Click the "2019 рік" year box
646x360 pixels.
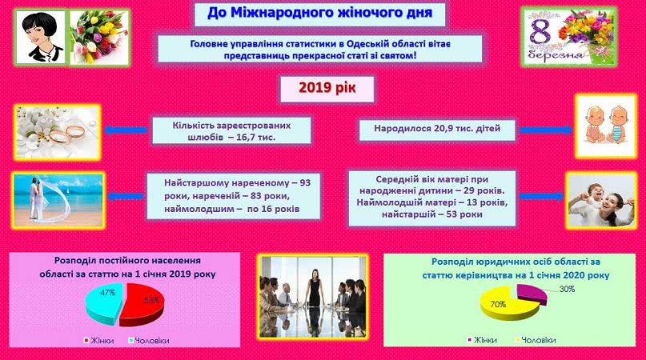(x=327, y=89)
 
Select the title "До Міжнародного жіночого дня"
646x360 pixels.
(x=319, y=13)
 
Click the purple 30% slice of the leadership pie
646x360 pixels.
(x=532, y=293)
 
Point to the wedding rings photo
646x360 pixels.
(x=58, y=132)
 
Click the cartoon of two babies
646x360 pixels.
(x=606, y=126)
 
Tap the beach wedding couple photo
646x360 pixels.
(x=58, y=200)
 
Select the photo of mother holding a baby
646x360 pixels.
(x=602, y=201)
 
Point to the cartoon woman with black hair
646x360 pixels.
(x=41, y=37)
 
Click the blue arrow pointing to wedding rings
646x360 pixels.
(x=126, y=130)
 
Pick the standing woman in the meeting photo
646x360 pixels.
(x=315, y=288)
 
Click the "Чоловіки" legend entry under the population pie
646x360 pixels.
(x=149, y=341)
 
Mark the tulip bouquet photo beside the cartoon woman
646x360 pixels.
(x=99, y=38)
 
